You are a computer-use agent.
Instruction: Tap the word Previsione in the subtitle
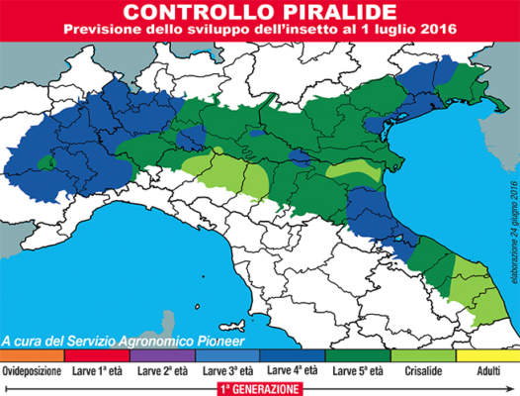pyautogui.click(x=106, y=30)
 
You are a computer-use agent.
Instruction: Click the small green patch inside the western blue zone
pyautogui.click(x=45, y=160)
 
